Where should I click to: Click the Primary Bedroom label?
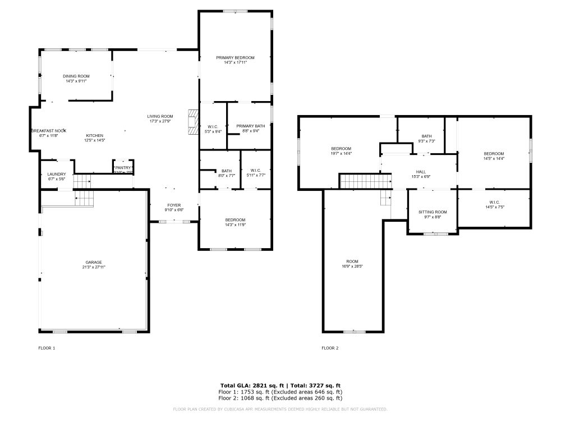(236, 58)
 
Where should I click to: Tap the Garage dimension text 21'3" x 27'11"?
(94, 267)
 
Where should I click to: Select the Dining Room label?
(76, 76)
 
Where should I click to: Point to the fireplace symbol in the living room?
(193, 122)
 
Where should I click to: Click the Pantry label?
(123, 167)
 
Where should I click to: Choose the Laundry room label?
(57, 174)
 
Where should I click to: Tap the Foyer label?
(174, 205)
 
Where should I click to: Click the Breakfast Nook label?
(49, 130)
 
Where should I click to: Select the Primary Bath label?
(250, 126)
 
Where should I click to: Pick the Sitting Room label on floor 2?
(433, 212)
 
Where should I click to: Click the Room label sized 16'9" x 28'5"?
(352, 262)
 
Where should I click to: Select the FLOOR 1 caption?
(47, 348)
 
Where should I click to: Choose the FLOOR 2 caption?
(330, 348)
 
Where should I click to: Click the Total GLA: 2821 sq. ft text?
(253, 386)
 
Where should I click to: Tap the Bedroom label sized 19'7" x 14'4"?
(341, 148)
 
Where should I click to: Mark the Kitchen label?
(94, 135)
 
